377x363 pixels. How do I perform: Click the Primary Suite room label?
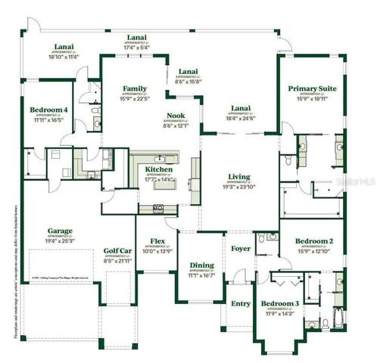(312, 88)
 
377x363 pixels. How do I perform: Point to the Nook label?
(176, 116)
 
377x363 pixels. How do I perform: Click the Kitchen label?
(159, 169)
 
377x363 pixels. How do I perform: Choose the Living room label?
(239, 177)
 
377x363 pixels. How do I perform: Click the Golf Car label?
(118, 251)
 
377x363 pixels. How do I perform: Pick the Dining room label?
(201, 265)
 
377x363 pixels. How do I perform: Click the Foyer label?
(241, 248)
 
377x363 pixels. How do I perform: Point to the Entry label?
(241, 303)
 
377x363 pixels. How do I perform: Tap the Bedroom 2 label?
(313, 240)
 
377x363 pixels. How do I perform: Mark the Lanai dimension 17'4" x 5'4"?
(136, 47)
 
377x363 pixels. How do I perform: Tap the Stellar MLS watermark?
(358, 182)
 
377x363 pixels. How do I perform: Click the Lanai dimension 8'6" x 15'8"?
(188, 82)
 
